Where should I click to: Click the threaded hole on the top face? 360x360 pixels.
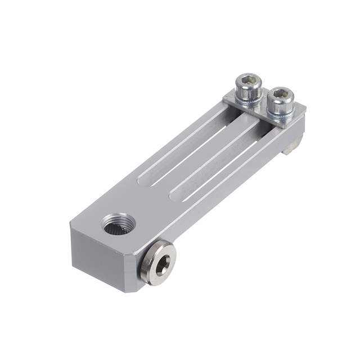(x=119, y=225)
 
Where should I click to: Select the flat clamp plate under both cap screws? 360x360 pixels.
(x=264, y=110)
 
